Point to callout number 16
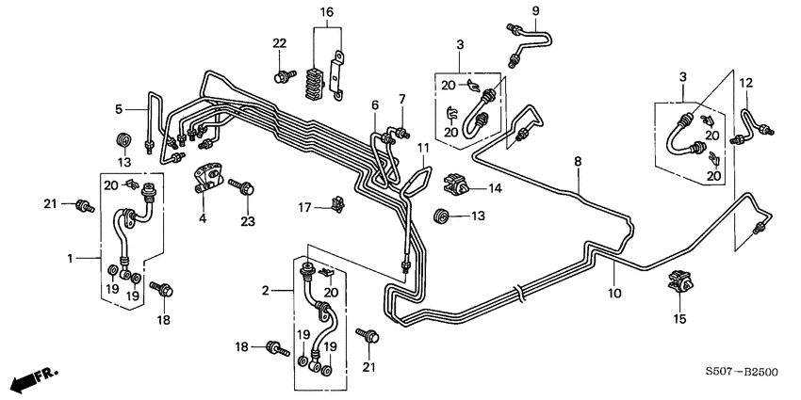[326, 11]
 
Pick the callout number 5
[120, 109]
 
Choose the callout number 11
[423, 149]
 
